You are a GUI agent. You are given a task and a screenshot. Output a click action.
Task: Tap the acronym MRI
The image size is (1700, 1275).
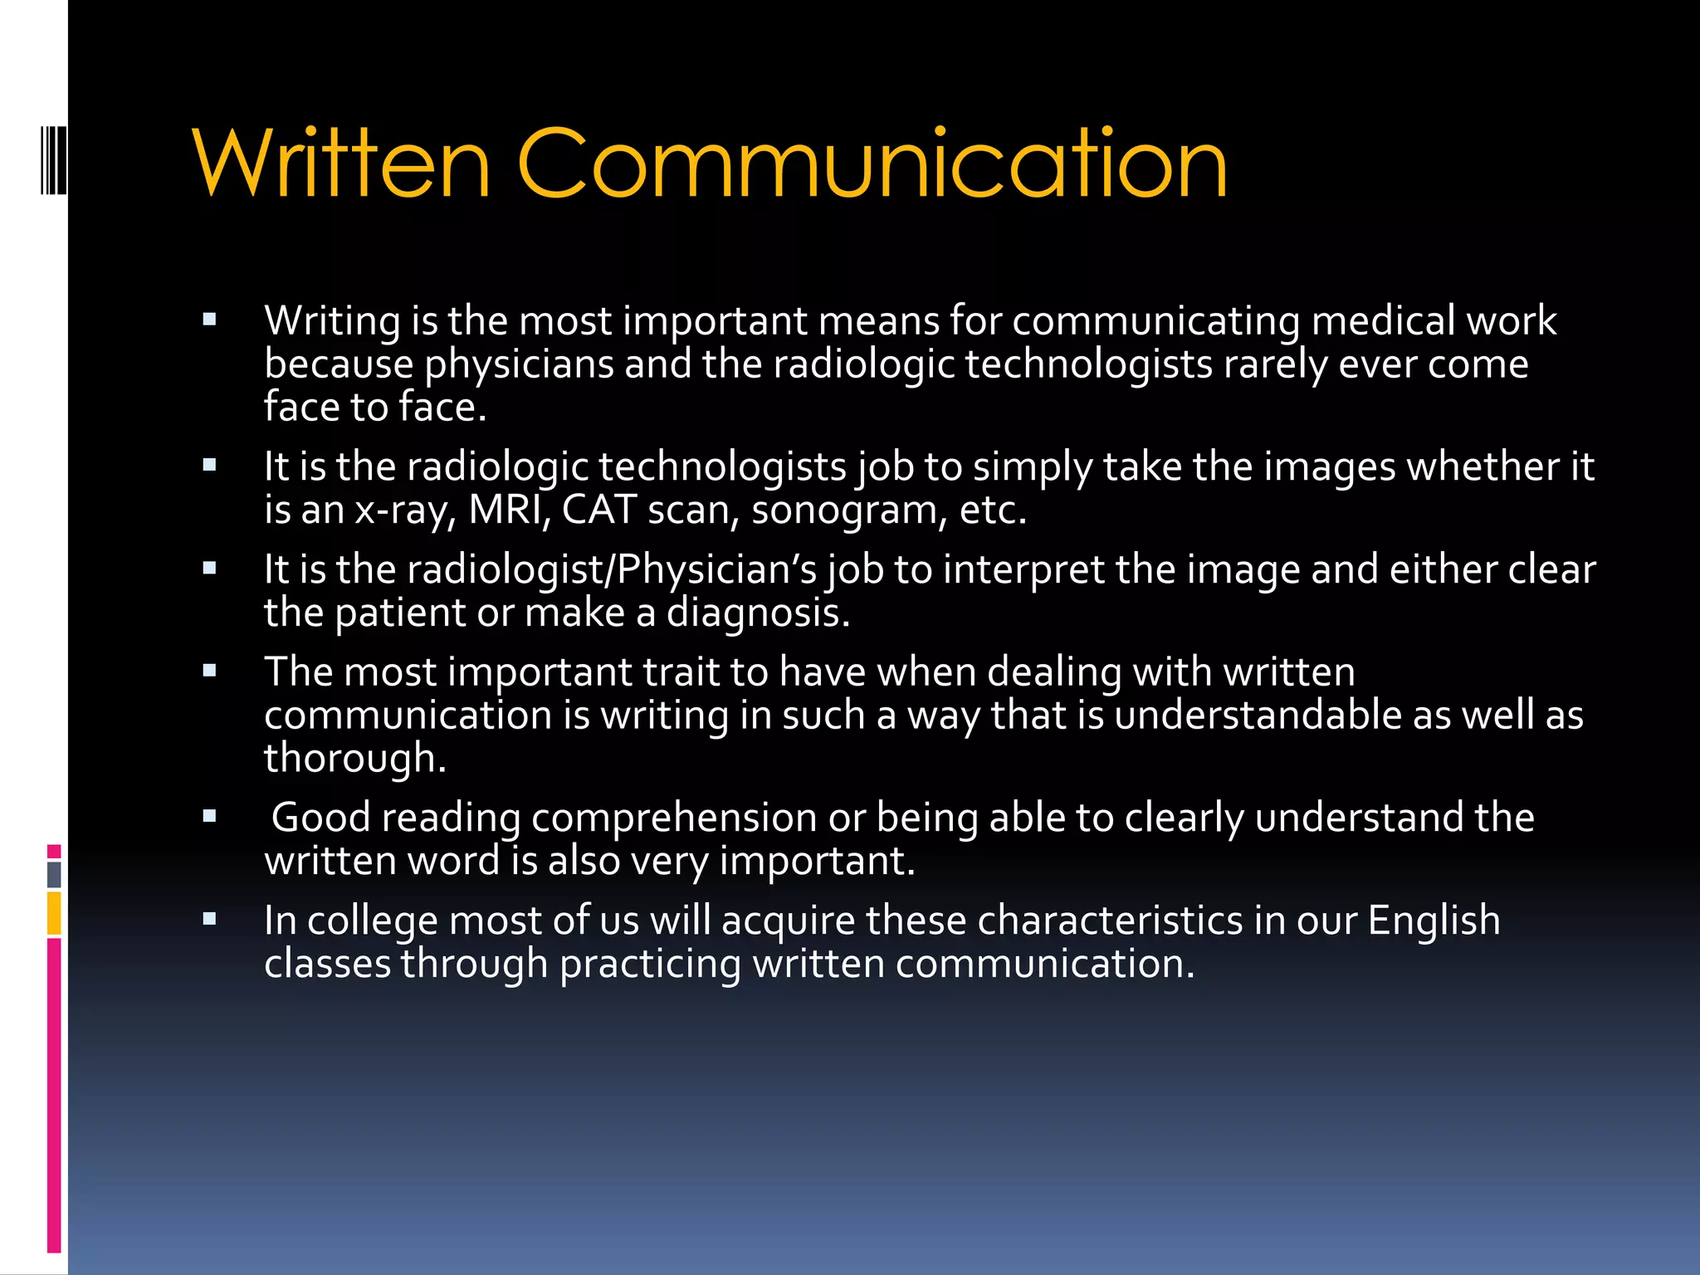pos(506,510)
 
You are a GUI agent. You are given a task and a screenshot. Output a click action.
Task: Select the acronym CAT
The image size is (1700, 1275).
pos(599,510)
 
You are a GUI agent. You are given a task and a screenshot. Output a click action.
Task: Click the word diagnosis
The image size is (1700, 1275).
pos(758,613)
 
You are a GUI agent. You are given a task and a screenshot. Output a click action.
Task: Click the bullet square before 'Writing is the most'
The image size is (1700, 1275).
pos(209,319)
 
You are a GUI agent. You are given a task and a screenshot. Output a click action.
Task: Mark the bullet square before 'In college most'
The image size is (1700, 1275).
pos(209,918)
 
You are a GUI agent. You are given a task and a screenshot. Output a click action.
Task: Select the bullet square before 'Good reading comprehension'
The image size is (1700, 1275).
pos(209,815)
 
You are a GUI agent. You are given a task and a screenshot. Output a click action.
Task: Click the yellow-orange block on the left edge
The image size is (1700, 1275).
pos(54,913)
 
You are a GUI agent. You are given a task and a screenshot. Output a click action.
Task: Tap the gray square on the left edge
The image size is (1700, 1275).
pos(54,874)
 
